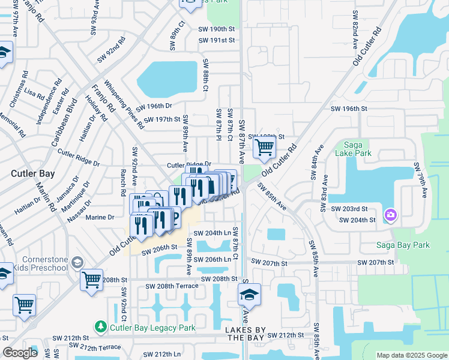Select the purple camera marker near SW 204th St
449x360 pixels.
(x=391, y=214)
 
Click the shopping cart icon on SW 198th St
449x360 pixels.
(x=264, y=146)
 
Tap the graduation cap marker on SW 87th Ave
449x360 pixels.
(x=249, y=295)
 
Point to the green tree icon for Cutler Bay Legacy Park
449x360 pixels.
(x=100, y=327)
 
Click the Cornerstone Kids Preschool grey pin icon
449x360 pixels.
(x=77, y=262)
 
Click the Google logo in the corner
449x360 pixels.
(x=20, y=353)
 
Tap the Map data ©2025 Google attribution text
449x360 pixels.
(x=411, y=355)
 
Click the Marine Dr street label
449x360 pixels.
(x=100, y=217)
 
